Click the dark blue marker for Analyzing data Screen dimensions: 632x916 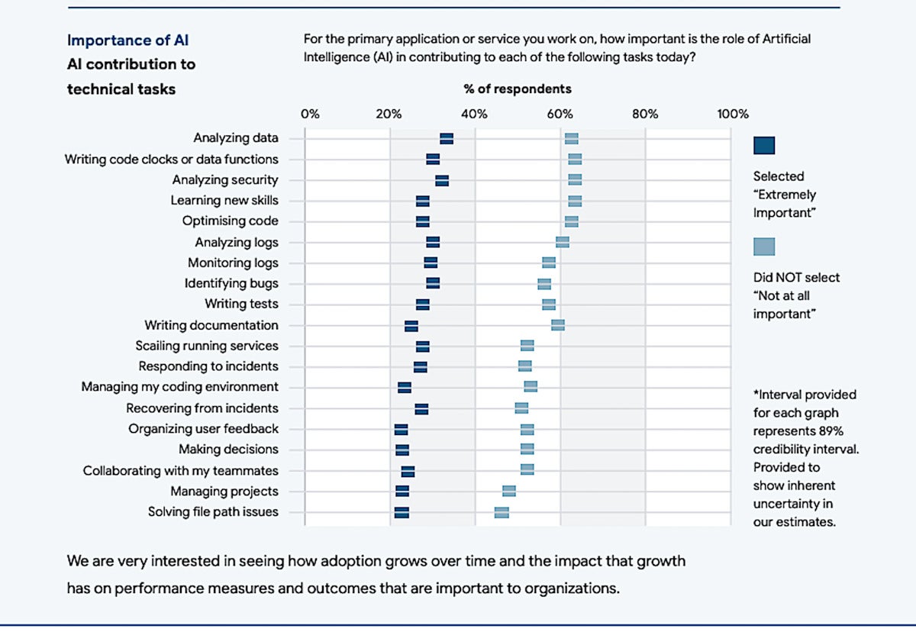coord(447,138)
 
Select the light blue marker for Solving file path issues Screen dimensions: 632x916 coord(502,512)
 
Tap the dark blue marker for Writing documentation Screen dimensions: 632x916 coord(411,326)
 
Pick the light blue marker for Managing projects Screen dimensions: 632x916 coord(509,491)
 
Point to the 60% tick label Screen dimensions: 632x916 coord(560,114)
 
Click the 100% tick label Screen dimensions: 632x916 coord(734,114)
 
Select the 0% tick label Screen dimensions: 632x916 coord(310,114)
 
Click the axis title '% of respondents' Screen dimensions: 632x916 coord(518,89)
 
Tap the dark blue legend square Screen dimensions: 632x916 coord(764,146)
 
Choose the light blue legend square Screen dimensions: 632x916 coord(764,247)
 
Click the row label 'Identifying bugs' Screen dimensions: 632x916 coord(231,283)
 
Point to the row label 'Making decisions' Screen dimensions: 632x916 coord(228,449)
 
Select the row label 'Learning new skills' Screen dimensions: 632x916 coord(224,200)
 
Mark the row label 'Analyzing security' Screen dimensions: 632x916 coord(225,180)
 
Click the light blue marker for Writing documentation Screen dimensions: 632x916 coord(558,325)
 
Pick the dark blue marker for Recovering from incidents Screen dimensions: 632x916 coord(421,408)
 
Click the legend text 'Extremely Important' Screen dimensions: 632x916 coord(785,204)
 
